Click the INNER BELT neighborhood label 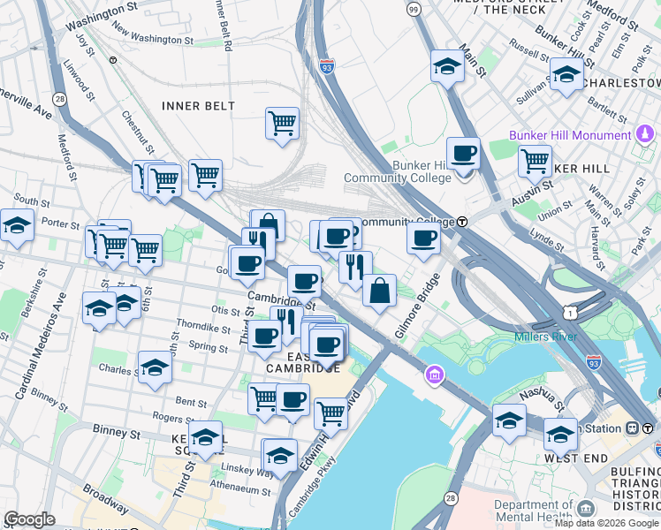[199, 106]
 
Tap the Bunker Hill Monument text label [571, 135]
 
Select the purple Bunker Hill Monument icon [645, 135]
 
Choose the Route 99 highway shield [414, 8]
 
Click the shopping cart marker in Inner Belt [282, 124]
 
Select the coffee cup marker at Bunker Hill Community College [463, 155]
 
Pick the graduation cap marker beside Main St [447, 66]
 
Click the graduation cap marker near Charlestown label [566, 75]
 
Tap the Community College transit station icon [462, 222]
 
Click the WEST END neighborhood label [576, 458]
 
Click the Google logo [30, 519]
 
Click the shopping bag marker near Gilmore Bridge [379, 291]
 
